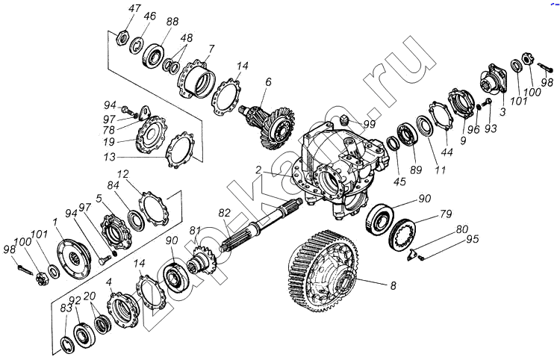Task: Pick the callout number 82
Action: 225,214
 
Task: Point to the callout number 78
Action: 110,129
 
